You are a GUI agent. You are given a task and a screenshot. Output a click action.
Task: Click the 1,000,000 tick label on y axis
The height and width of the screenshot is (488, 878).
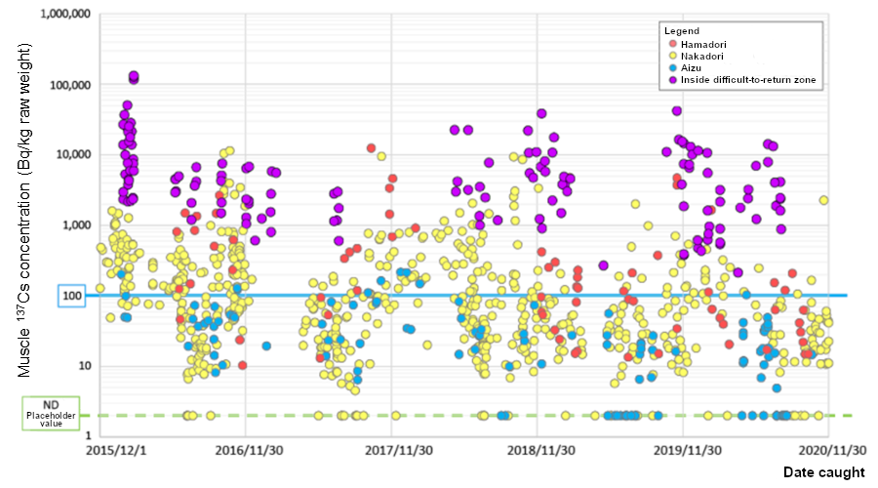[x=62, y=16]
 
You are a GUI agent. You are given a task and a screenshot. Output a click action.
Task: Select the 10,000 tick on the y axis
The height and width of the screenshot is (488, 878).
[x=70, y=155]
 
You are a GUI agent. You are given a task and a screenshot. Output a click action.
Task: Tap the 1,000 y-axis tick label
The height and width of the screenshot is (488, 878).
[x=74, y=225]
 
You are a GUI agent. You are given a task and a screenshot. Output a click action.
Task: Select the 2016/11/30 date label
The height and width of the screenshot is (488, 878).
[x=245, y=451]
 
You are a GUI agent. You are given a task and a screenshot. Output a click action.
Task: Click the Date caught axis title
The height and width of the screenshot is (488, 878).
[x=822, y=473]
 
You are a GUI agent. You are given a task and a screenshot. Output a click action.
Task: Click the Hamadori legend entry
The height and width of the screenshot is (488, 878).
[x=702, y=44]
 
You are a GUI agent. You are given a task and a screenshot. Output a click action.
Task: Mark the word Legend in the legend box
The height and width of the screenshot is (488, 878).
[x=682, y=31]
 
